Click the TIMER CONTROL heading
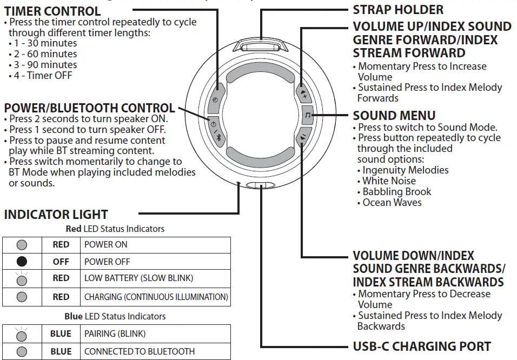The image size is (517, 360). click(x=52, y=11)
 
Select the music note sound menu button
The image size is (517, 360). click(x=308, y=115)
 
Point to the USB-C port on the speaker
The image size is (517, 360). click(x=260, y=186)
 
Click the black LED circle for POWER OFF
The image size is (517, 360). click(x=22, y=262)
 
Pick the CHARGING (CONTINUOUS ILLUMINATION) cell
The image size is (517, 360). click(x=156, y=297)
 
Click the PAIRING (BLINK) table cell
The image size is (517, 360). click(x=115, y=334)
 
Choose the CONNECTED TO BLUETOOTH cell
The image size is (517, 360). click(x=139, y=351)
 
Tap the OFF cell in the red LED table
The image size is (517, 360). click(x=61, y=262)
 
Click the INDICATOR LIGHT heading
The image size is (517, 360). click(x=56, y=214)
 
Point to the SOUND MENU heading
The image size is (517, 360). click(x=394, y=115)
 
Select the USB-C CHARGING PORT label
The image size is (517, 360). click(x=422, y=346)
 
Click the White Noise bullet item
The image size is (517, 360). click(x=389, y=181)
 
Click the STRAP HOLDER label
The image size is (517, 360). click(x=398, y=10)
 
